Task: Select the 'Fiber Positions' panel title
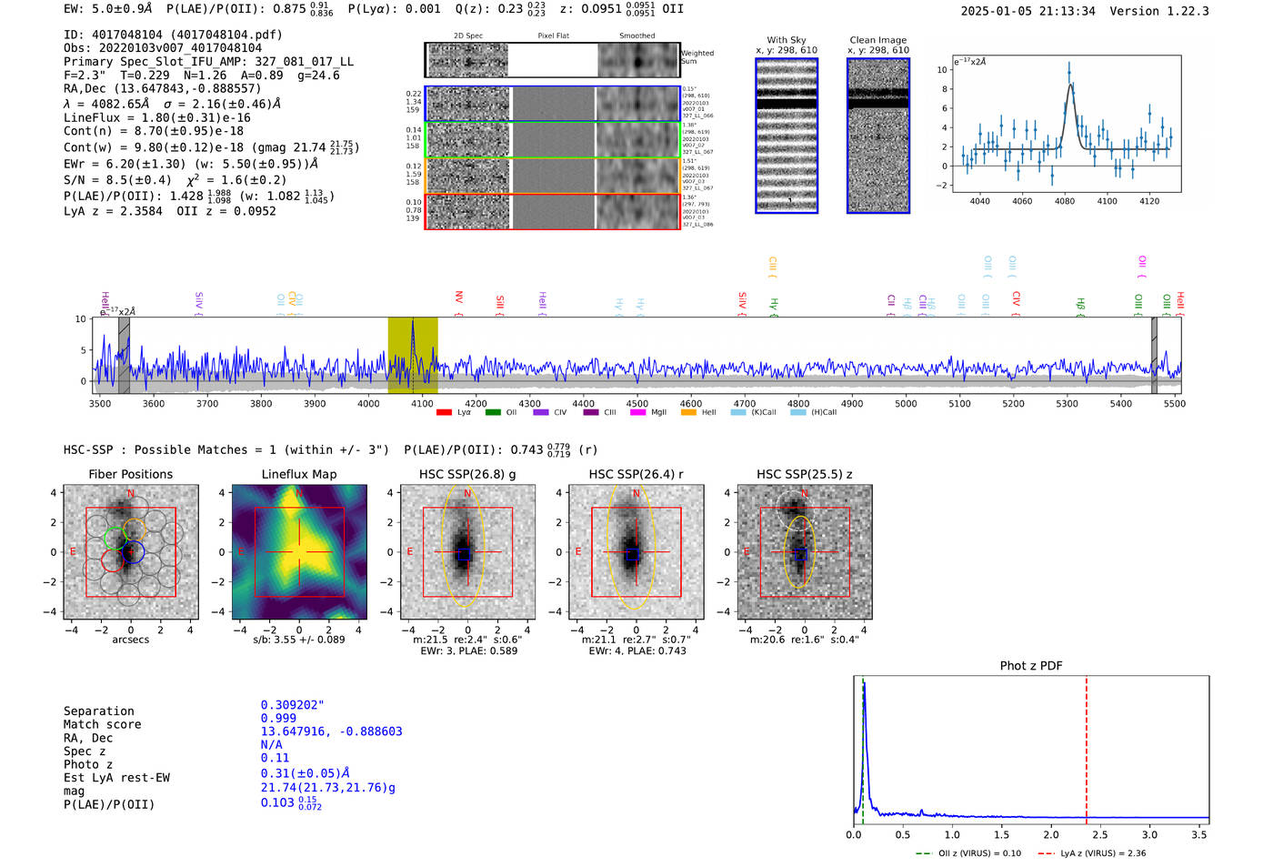pyautogui.click(x=130, y=474)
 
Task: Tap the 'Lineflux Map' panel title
pyautogui.click(x=299, y=474)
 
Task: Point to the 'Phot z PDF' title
pyautogui.click(x=1031, y=666)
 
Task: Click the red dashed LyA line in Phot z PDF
pyautogui.click(x=1087, y=746)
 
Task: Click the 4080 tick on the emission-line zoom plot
pyautogui.click(x=1065, y=201)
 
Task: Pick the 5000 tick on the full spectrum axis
pyautogui.click(x=906, y=404)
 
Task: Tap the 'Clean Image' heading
pyautogui.click(x=877, y=40)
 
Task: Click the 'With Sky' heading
pyautogui.click(x=787, y=40)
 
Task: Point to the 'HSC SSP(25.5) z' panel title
pyautogui.click(x=805, y=474)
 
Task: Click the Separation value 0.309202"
pyautogui.click(x=292, y=705)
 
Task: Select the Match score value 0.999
pyautogui.click(x=278, y=718)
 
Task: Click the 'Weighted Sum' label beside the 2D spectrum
pyautogui.click(x=697, y=57)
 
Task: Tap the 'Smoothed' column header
pyautogui.click(x=636, y=36)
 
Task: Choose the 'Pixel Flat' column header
pyautogui.click(x=553, y=36)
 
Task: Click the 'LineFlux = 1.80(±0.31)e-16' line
pyautogui.click(x=157, y=117)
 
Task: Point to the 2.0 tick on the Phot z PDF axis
pyautogui.click(x=1051, y=834)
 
